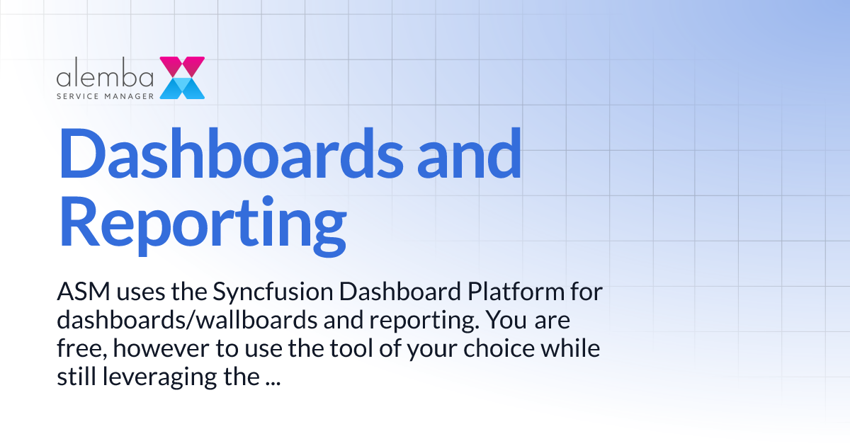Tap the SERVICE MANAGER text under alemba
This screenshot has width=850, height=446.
pyautogui.click(x=106, y=94)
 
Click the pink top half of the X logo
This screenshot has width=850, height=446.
pyautogui.click(x=182, y=67)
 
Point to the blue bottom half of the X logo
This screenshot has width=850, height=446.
pyautogui.click(x=182, y=88)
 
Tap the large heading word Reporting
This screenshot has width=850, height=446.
pyautogui.click(x=202, y=222)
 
